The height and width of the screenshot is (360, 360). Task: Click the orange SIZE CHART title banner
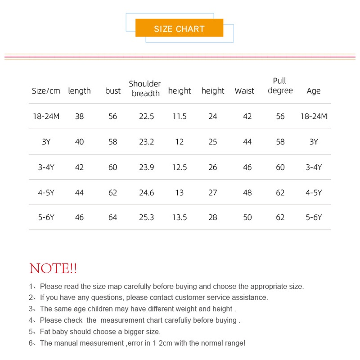(179, 28)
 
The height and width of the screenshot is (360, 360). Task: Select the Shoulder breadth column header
(145, 89)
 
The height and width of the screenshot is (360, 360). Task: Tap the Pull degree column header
(280, 85)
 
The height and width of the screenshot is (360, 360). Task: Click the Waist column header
(244, 91)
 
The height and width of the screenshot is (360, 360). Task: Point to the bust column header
(112, 91)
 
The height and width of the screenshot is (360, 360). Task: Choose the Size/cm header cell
(46, 91)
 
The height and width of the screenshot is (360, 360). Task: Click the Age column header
(313, 91)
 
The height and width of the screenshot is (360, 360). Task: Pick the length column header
(79, 91)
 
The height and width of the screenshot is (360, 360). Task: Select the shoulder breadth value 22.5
(146, 117)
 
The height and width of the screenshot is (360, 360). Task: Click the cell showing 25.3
(146, 217)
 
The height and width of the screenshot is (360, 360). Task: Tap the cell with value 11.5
(179, 117)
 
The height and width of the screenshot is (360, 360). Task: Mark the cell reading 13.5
(179, 217)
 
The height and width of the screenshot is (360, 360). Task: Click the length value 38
(79, 117)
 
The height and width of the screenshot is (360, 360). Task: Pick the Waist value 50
(247, 217)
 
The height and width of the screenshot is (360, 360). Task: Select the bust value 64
(112, 217)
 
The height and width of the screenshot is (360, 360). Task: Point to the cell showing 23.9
(146, 167)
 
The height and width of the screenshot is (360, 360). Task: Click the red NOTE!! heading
(53, 269)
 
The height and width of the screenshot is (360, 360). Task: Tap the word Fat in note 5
(45, 332)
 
